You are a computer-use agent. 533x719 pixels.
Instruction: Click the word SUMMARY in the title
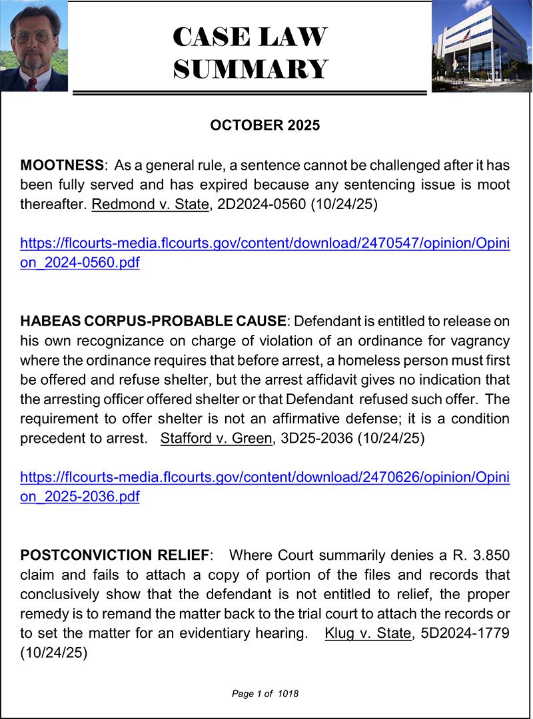(x=250, y=69)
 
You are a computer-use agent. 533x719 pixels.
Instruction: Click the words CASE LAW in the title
(x=250, y=37)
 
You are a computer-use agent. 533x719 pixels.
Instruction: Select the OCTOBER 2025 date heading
(x=265, y=125)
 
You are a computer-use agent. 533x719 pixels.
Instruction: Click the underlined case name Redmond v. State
(x=150, y=204)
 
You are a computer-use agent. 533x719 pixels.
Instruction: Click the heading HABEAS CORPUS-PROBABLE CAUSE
(x=154, y=322)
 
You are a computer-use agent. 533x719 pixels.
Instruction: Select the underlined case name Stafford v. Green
(x=217, y=440)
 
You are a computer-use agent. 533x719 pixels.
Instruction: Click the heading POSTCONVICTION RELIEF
(x=115, y=555)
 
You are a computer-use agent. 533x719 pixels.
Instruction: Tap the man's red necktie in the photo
(x=32, y=84)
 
